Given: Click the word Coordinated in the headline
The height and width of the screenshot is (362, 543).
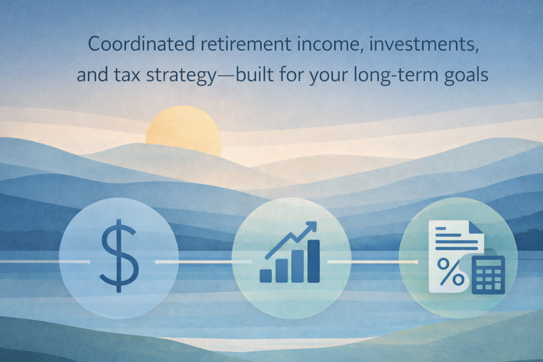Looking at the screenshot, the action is click(141, 43).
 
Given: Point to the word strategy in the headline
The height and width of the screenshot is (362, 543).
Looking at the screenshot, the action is click(181, 76).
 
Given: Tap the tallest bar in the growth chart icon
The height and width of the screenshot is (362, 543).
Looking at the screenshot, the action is click(314, 261).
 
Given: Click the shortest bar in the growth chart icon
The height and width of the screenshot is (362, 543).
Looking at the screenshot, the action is click(266, 276).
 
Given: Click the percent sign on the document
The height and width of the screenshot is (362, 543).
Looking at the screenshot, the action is click(451, 272).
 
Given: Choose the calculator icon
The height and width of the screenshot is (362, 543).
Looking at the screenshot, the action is click(488, 275).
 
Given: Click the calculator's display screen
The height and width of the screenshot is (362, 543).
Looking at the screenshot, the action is click(489, 263).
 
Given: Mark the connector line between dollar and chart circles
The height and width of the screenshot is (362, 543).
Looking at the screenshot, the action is click(204, 262).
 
